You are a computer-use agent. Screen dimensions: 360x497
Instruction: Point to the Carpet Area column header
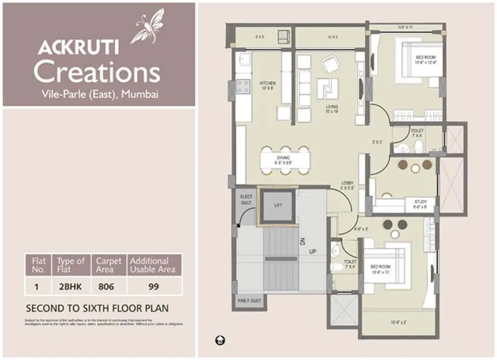(x=108, y=265)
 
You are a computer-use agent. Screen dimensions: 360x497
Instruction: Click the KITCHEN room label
(x=267, y=85)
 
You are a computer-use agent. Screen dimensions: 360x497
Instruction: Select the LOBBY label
(x=348, y=186)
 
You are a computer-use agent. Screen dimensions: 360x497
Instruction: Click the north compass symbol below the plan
(x=220, y=341)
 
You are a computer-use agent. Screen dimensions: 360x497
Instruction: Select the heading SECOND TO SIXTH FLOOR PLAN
(x=97, y=308)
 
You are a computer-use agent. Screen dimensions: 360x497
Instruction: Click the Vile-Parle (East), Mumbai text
(x=98, y=94)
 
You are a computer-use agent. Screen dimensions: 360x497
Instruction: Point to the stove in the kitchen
(x=242, y=86)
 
